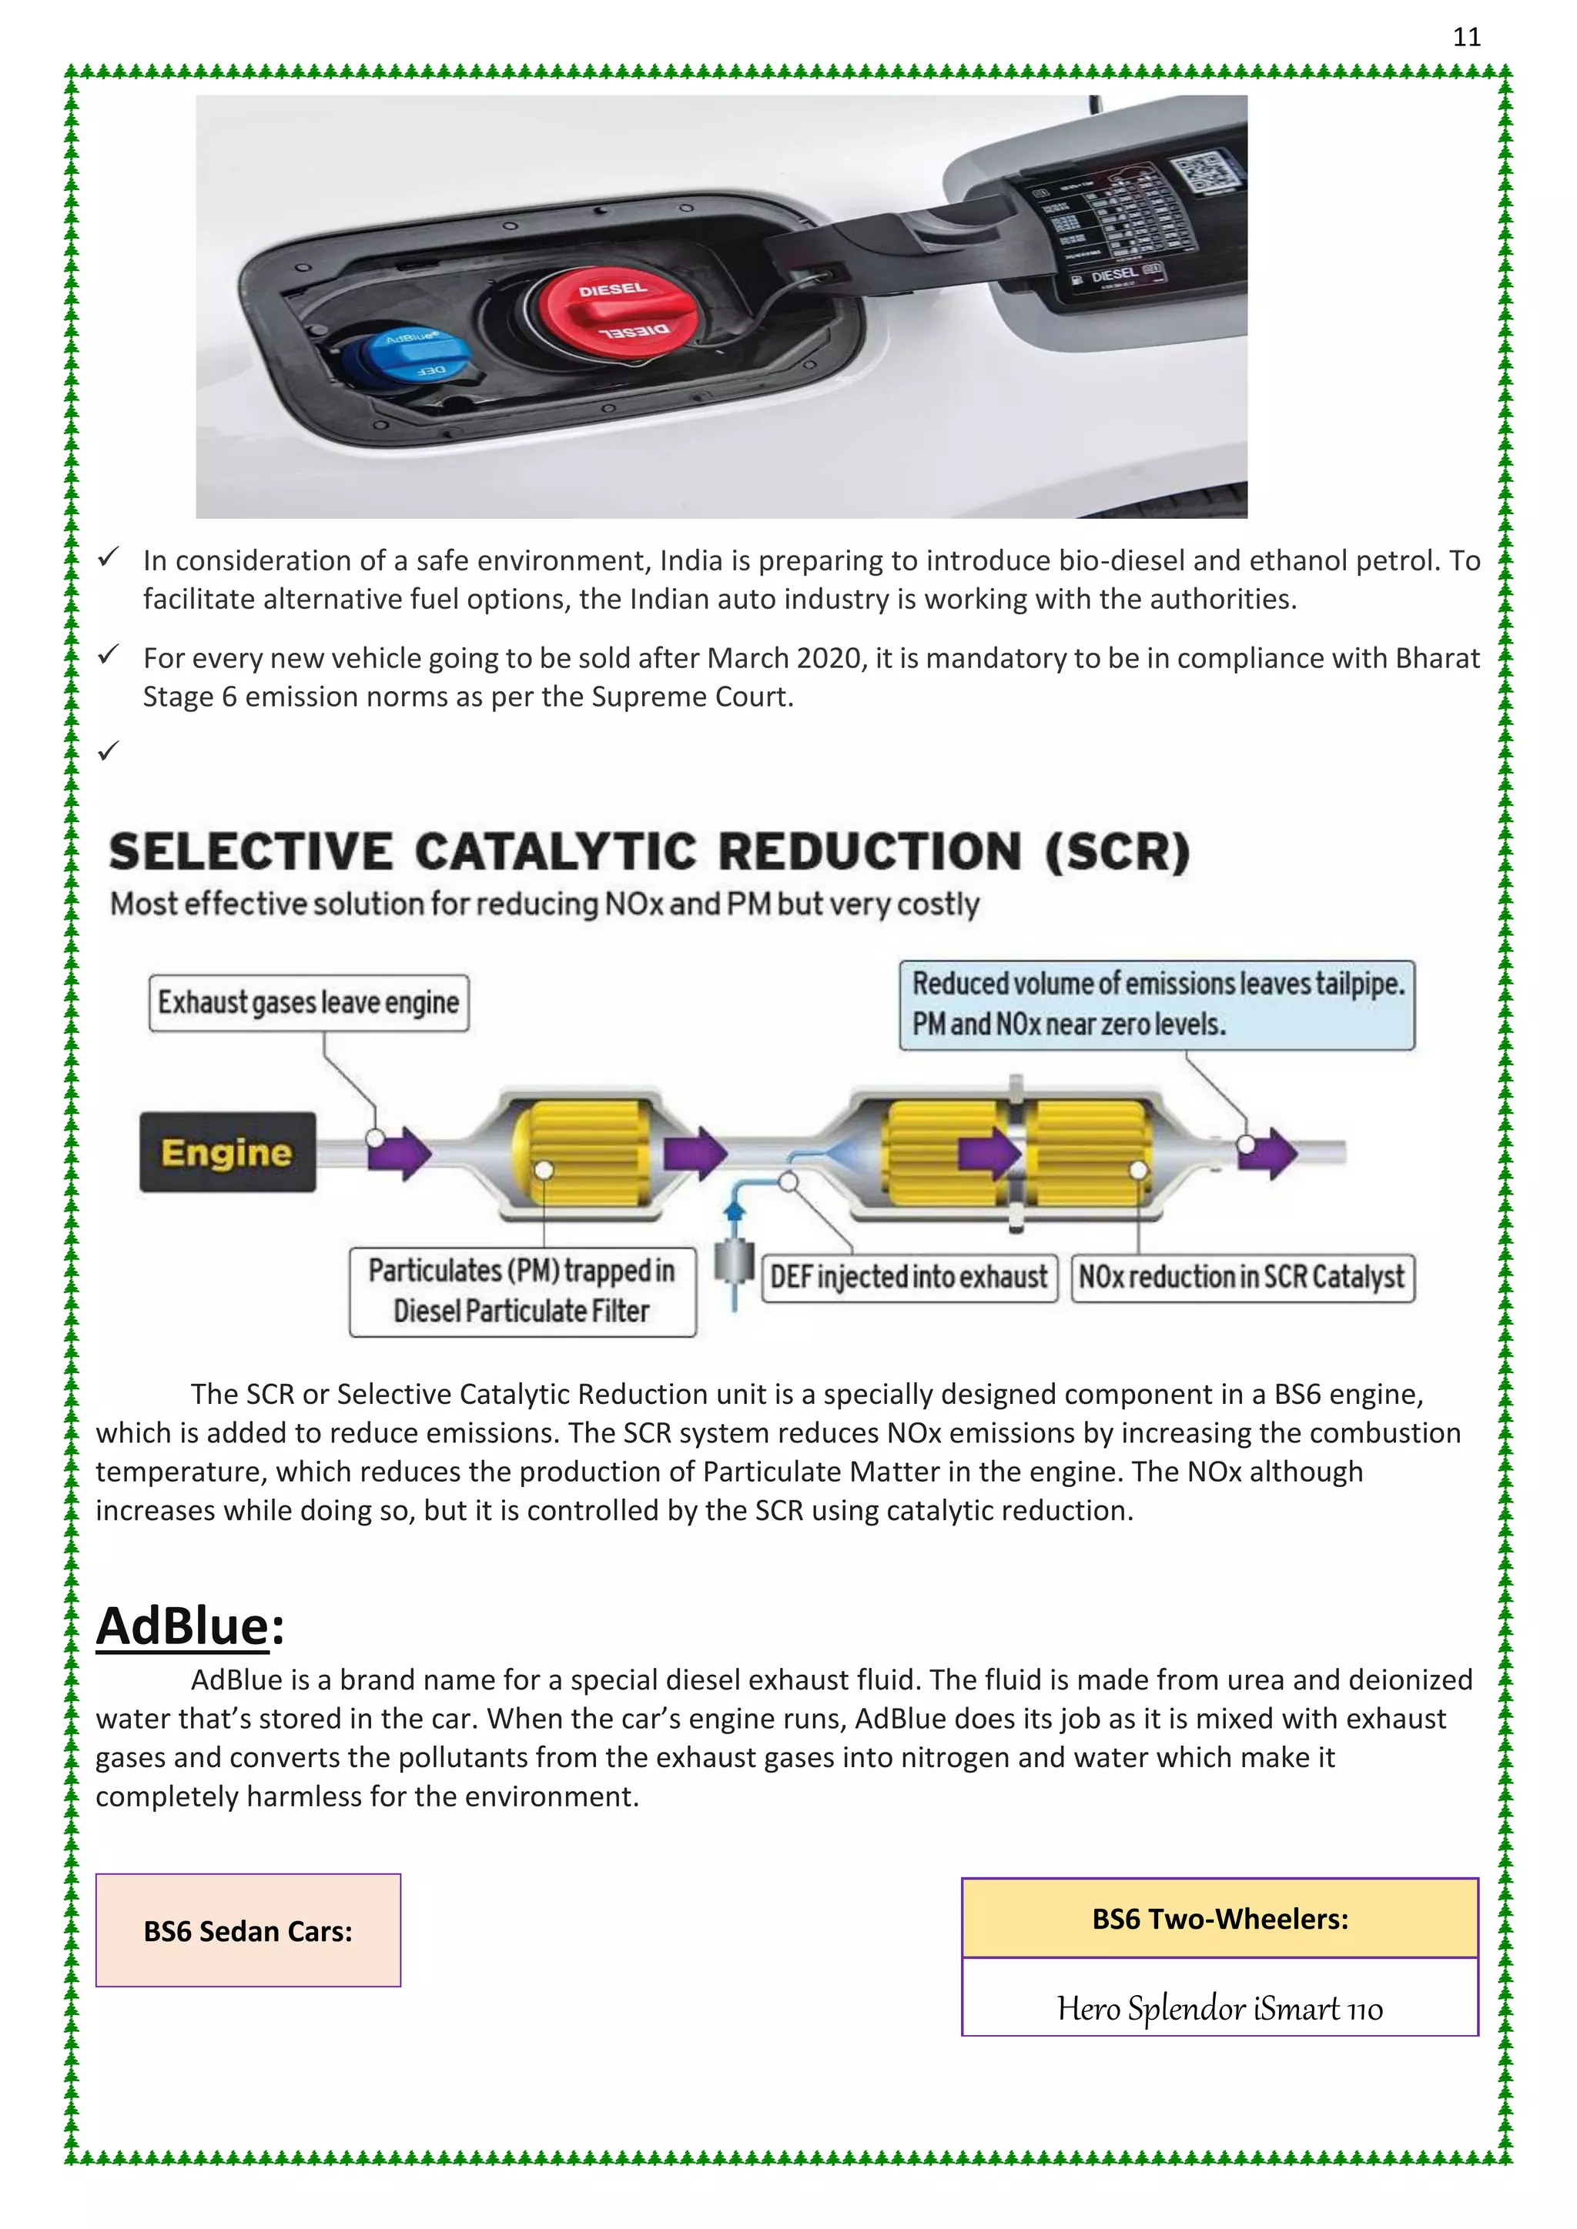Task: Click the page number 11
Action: coord(1466,37)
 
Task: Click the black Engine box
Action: coord(227,1152)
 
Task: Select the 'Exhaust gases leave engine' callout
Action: coord(309,1003)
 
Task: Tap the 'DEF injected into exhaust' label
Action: coord(909,1277)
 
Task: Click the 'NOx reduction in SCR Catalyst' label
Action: coord(1241,1277)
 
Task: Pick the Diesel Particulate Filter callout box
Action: coord(522,1292)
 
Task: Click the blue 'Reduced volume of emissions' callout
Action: coord(1157,1004)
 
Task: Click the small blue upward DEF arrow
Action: coord(734,1210)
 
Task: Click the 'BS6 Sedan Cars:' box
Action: coord(248,1930)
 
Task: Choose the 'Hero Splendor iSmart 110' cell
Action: coord(1220,2007)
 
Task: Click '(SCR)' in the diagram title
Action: coord(1118,852)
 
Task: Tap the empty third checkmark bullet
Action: coord(108,750)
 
